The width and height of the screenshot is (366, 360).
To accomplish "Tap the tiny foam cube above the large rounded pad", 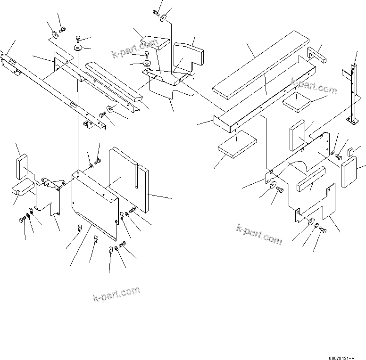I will coord(350,152).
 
